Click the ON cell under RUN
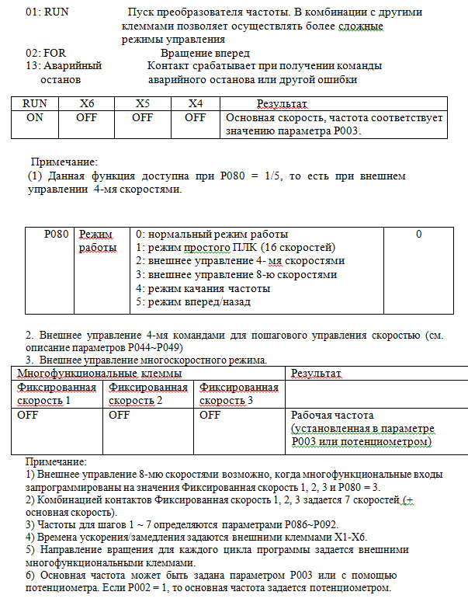(35, 118)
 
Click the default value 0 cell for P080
(418, 234)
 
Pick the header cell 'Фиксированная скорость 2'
(147, 394)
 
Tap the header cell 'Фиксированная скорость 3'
(238, 394)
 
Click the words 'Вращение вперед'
(205, 54)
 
